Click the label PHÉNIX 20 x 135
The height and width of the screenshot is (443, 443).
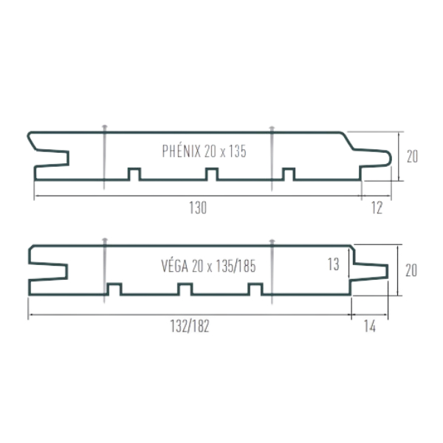click(x=204, y=151)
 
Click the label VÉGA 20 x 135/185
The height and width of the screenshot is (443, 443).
click(x=207, y=267)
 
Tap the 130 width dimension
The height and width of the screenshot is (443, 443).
click(x=197, y=208)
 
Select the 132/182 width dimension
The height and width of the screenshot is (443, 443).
click(x=190, y=327)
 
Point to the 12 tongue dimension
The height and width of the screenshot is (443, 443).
click(x=377, y=208)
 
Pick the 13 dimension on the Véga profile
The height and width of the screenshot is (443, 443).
click(x=333, y=263)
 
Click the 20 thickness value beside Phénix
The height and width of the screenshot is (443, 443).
click(x=412, y=157)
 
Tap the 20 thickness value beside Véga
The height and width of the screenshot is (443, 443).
click(x=411, y=270)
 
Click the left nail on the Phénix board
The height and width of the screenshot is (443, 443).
click(x=105, y=155)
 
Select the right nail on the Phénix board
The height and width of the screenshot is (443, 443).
click(x=272, y=155)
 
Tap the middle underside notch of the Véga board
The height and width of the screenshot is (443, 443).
click(x=185, y=289)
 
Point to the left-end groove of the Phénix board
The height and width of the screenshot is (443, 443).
click(x=52, y=157)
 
